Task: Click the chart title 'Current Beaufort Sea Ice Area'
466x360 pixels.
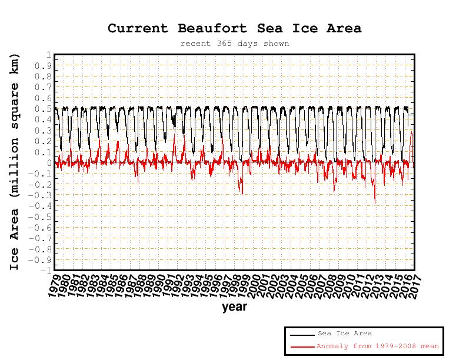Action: coord(234,28)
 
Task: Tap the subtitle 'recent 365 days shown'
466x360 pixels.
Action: coord(234,44)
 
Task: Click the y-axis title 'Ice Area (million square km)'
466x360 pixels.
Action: coord(15,162)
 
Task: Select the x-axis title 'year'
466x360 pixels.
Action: coord(234,306)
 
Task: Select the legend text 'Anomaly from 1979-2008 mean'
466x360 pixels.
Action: coord(378,346)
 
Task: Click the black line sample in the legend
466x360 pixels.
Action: coord(302,334)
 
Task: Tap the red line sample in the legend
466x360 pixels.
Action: coord(302,346)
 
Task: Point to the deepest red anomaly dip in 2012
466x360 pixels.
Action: coord(375,203)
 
